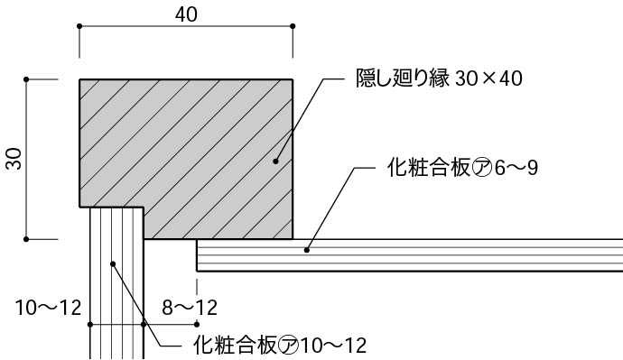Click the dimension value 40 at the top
[184, 15]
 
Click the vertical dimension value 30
[14, 159]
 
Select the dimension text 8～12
[190, 308]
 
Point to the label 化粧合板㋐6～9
[461, 168]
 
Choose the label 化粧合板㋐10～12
[280, 344]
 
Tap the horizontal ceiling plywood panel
[406, 255]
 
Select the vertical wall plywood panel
[116, 289]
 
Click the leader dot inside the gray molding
[276, 162]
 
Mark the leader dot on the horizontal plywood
[307, 249]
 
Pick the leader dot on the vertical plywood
[113, 263]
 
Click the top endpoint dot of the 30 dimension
[27, 80]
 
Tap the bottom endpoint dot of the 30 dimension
[27, 239]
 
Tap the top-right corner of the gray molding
[293, 80]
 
